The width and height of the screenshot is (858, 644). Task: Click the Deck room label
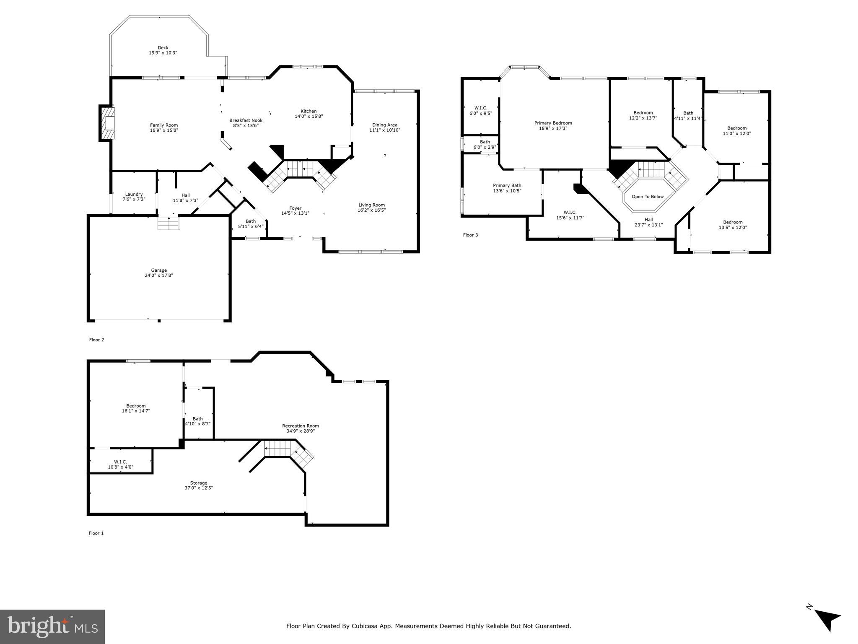click(x=163, y=48)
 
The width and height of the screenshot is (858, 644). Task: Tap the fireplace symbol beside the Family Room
click(x=107, y=123)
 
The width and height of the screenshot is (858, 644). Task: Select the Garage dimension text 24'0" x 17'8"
click(x=159, y=275)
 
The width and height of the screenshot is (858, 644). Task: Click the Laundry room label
click(x=134, y=194)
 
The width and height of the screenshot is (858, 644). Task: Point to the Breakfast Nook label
click(x=246, y=120)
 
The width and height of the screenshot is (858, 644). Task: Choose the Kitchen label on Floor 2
click(x=308, y=111)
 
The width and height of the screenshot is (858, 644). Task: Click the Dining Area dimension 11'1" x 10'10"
click(x=384, y=130)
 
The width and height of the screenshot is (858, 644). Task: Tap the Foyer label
click(x=295, y=208)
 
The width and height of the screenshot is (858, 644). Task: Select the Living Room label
click(x=371, y=205)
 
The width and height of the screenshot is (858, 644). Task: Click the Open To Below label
click(x=648, y=197)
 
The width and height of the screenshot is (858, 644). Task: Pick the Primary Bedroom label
click(x=553, y=123)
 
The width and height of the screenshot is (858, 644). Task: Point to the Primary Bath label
click(x=507, y=185)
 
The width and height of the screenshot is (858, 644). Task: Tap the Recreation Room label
click(x=300, y=426)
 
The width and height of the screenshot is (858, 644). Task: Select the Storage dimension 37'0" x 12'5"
click(x=199, y=488)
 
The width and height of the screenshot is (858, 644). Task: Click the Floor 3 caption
click(x=470, y=235)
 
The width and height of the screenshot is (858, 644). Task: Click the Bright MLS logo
click(x=52, y=626)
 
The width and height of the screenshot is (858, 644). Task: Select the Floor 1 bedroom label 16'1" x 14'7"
click(x=136, y=405)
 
